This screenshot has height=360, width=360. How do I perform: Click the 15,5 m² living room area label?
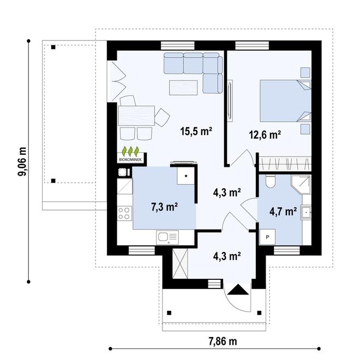pos(196,131)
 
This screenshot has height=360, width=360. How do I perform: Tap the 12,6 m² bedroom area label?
pos(265,135)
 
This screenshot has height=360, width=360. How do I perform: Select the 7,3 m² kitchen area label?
pos(164,207)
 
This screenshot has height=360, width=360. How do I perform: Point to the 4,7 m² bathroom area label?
pos(283,211)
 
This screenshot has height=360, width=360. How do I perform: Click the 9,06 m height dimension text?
pos(22,161)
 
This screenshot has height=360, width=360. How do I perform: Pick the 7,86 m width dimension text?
pos(223,341)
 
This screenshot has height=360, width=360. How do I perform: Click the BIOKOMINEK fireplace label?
pos(130,160)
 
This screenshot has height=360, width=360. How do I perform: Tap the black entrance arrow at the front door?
pos(238,289)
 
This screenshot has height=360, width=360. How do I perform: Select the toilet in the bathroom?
pos(270,181)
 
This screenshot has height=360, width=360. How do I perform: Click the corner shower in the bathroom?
pos(301,185)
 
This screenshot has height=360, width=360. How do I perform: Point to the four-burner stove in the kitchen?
pos(124,213)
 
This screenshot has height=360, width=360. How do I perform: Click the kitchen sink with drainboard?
pos(167,237)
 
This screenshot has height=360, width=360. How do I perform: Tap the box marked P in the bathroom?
pos(267,237)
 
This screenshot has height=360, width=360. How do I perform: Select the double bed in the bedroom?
pos(285,100)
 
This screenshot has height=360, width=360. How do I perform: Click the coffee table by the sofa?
pos(183,88)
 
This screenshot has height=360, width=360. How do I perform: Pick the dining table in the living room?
pos(136,116)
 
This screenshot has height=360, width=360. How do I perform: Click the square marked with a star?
pos(186,176)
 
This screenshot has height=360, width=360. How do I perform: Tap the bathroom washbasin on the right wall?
pos(307,212)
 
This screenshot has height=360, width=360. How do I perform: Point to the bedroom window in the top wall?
pos(252,45)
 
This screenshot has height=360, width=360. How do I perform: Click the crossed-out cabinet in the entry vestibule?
pos(180,264)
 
